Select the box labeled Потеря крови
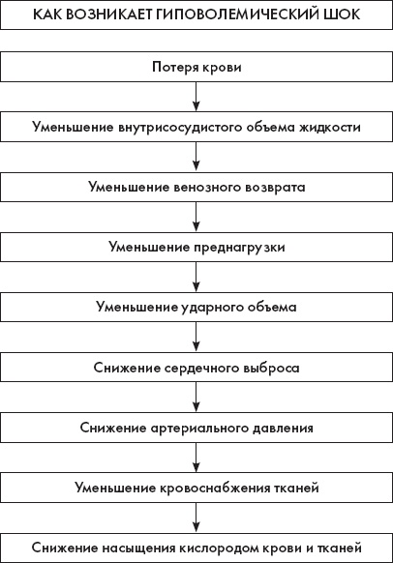(196, 69)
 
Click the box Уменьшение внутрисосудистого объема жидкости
(196, 128)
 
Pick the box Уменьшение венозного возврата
(196, 187)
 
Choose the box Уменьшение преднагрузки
(196, 247)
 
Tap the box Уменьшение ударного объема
(196, 307)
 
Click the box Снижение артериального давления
(196, 426)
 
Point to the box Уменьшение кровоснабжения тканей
(196, 486)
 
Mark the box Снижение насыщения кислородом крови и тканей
(196, 545)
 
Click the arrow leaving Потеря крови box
(196, 98)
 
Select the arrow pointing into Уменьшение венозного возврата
(196, 157)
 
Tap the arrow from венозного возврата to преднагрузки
(196, 217)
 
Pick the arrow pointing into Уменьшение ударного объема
(196, 277)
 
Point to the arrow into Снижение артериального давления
(196, 397)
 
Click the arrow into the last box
(196, 516)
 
